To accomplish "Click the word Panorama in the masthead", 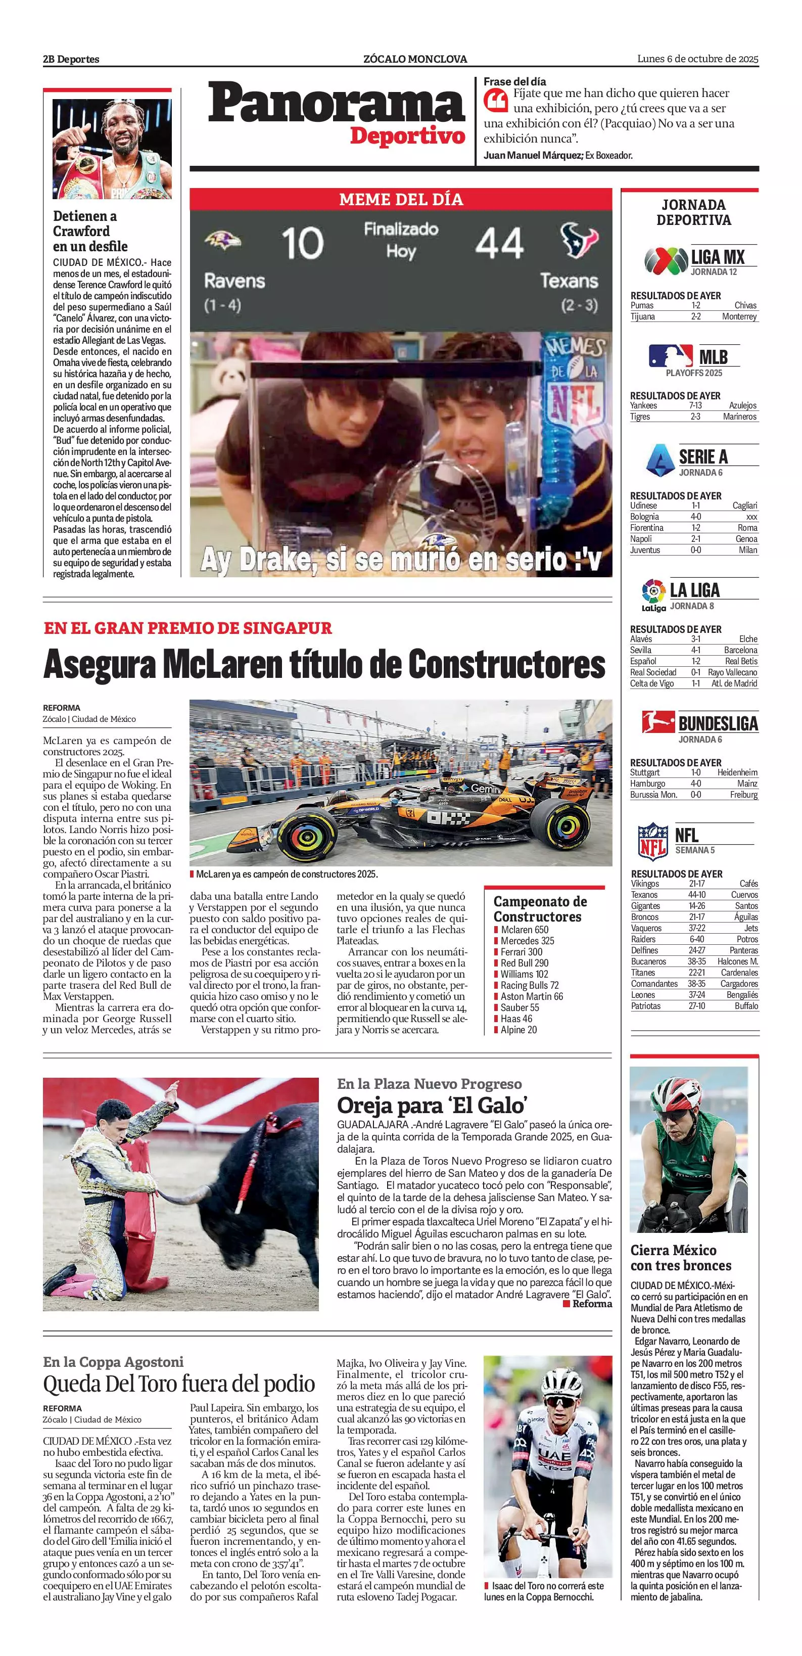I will [x=336, y=105].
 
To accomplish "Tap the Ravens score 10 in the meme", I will [x=302, y=243].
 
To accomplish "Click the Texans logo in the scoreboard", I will [x=578, y=239].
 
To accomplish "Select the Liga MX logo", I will [x=665, y=260].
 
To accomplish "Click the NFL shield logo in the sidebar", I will [x=652, y=841].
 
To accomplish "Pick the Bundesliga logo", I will [x=657, y=722].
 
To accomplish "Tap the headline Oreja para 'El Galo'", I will [x=432, y=1105].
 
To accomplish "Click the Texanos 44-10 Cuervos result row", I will [x=693, y=895].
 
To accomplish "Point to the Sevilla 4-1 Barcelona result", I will [x=693, y=650].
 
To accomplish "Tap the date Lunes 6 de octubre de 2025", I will [x=697, y=59].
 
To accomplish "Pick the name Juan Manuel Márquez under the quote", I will [x=533, y=155].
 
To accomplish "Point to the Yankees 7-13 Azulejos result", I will [x=693, y=405].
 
